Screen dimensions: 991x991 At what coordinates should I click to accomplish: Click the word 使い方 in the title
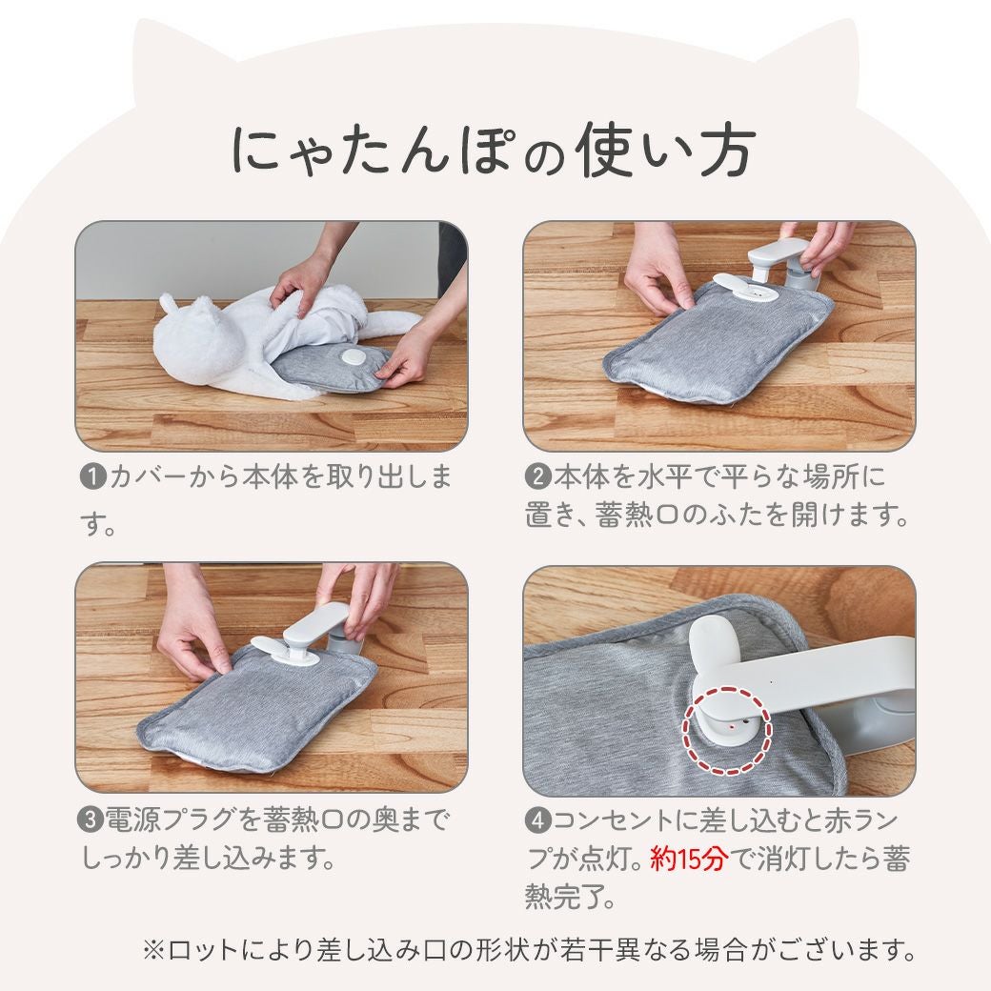(665, 152)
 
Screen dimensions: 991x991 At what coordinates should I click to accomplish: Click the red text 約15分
(689, 859)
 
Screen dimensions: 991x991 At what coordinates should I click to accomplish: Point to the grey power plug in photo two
(799, 273)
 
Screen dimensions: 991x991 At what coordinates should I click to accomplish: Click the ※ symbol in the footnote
(153, 949)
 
